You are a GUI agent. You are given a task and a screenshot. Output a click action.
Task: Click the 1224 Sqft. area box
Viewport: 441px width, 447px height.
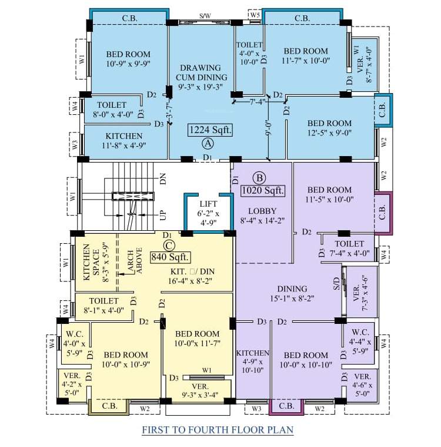coord(210,130)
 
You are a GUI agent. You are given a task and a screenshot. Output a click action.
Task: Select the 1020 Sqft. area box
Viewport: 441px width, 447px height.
coord(262,190)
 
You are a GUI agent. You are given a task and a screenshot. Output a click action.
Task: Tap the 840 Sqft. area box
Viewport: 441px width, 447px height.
coord(171,256)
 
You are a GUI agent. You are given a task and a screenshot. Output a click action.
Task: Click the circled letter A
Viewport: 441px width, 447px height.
coord(207,143)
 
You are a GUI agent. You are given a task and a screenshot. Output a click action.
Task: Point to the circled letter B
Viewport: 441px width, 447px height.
coord(259,177)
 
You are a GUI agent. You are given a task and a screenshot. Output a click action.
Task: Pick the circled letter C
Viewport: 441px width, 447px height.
coord(169,244)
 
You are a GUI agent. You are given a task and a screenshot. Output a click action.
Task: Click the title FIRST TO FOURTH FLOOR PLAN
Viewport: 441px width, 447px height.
coord(218,429)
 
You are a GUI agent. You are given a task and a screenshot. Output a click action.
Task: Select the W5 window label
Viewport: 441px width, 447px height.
coord(255,14)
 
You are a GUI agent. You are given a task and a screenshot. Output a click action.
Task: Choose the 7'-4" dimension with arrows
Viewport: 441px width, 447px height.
coord(257,101)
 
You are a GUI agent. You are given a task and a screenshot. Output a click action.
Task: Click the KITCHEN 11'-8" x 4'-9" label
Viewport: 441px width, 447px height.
coord(124,140)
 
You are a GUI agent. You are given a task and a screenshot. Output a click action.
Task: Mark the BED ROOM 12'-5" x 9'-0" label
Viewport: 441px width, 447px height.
coord(329,128)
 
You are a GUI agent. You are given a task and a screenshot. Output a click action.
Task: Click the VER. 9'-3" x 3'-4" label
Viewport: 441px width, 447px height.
coord(201,390)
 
